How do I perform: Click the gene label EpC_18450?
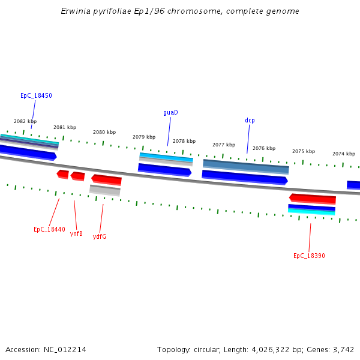[x=36, y=95]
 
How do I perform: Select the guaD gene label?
[x=170, y=112]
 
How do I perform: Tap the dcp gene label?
[x=250, y=120]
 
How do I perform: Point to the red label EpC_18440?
[x=49, y=229]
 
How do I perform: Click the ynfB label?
[x=76, y=233]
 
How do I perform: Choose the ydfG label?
[x=100, y=236]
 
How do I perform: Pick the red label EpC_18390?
[x=309, y=256]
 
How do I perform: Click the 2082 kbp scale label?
[x=25, y=121]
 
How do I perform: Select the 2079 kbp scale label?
[x=144, y=137]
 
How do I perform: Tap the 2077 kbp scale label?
[x=224, y=145]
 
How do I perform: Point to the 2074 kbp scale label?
[x=344, y=154]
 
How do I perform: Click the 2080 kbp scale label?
[x=104, y=132]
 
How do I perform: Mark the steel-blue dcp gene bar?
[x=246, y=166]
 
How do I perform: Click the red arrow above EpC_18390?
[x=312, y=198]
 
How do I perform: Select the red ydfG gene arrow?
[x=106, y=179]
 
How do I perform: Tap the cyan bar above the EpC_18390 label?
[x=311, y=211]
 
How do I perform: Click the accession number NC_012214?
[x=66, y=349]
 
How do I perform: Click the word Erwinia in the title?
[x=74, y=11]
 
